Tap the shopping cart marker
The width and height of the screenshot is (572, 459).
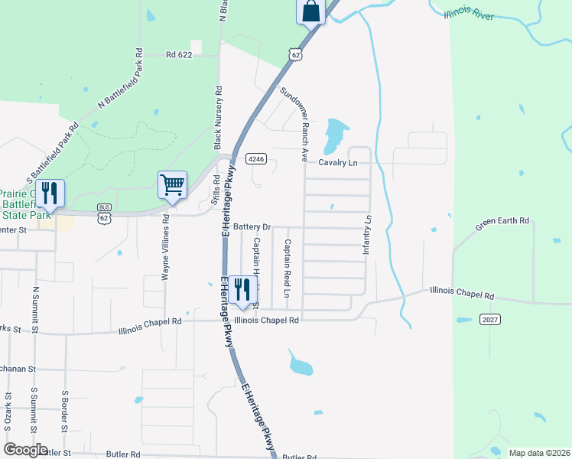pos(172,185)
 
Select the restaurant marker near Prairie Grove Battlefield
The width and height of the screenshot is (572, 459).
pos(50,194)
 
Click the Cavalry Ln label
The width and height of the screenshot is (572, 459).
pos(338,163)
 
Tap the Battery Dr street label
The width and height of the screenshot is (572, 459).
pos(253,227)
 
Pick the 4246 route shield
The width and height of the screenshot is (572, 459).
pos(255,159)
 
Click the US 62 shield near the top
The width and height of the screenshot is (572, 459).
pos(295,54)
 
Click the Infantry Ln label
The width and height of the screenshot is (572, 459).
pos(367,235)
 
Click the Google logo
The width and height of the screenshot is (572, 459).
pos(25,450)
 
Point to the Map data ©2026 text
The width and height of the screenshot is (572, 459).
pos(539,453)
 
